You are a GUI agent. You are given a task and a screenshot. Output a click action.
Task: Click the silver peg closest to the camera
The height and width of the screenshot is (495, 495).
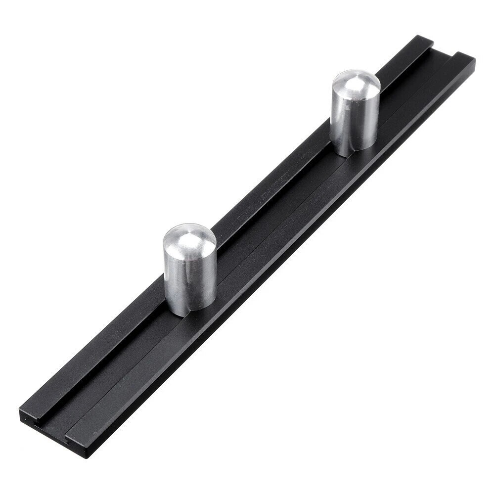pyautogui.click(x=189, y=270)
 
